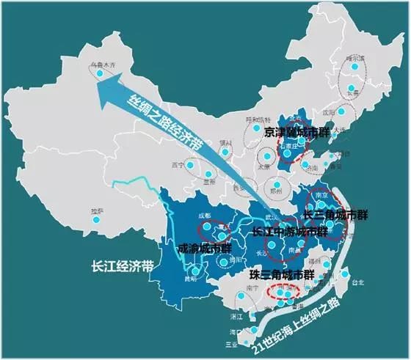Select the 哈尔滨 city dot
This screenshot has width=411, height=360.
coord(355,70)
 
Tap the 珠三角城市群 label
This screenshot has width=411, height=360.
coord(282,274)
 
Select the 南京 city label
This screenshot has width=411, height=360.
coord(320,196)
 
